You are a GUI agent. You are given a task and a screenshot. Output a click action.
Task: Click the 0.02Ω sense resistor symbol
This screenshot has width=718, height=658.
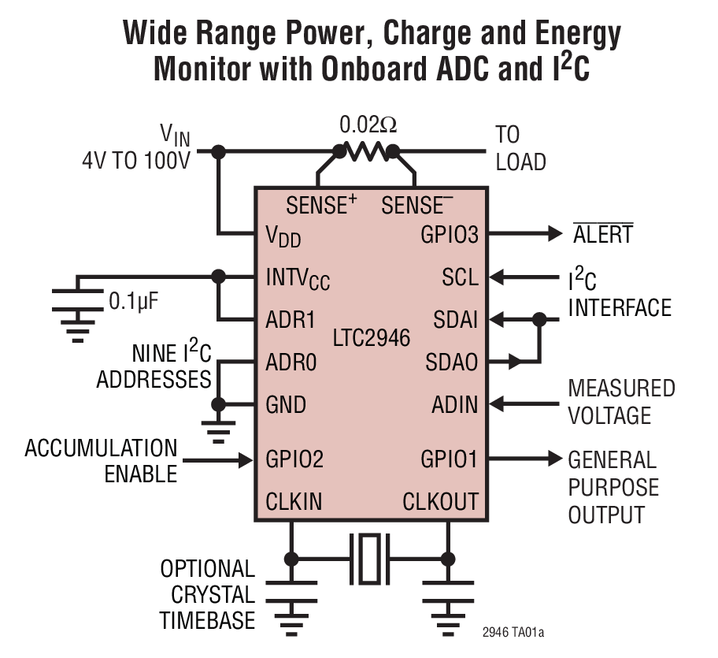(x=367, y=151)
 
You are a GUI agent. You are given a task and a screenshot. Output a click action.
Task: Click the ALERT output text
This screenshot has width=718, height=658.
(x=602, y=235)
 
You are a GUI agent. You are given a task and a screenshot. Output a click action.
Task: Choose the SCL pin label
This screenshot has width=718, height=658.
(x=461, y=277)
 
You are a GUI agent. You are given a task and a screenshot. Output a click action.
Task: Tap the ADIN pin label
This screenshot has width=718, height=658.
(x=455, y=405)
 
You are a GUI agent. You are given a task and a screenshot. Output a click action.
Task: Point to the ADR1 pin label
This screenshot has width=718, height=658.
(x=291, y=320)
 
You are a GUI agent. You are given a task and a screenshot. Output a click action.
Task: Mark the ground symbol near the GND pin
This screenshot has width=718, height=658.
(x=219, y=429)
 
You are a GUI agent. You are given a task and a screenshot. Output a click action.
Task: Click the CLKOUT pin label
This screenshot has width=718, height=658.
(x=440, y=501)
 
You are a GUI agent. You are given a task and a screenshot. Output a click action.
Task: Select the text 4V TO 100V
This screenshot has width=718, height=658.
(x=136, y=162)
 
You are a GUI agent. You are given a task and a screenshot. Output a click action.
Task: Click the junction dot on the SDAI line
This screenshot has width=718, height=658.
(x=539, y=320)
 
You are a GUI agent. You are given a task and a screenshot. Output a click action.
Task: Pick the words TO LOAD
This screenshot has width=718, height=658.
(x=520, y=148)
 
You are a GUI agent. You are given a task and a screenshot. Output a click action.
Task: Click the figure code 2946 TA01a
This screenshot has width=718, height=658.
(x=513, y=634)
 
